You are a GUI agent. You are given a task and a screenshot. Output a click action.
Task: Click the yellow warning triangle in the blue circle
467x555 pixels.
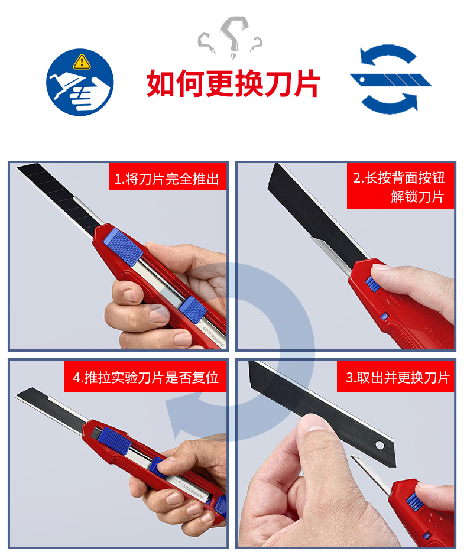[x=82, y=62]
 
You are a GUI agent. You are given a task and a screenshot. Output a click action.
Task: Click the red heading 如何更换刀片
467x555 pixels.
[x=234, y=83]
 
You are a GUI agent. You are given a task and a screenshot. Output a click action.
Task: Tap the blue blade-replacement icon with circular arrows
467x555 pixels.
[x=390, y=79]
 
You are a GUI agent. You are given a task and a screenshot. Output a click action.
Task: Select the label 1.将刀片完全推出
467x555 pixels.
[x=167, y=178]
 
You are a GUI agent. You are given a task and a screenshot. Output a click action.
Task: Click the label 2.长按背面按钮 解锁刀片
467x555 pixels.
[x=400, y=186]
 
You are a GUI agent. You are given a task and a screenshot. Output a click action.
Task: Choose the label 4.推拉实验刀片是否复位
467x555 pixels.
[x=145, y=377]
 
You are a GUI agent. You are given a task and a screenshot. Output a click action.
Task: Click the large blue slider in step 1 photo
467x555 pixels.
[x=123, y=246]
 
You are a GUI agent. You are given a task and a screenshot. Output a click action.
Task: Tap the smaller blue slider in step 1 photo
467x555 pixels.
[x=193, y=309]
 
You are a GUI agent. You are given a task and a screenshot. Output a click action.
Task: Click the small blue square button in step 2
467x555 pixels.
[x=384, y=316]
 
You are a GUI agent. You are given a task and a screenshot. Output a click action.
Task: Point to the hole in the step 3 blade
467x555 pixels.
[x=380, y=445]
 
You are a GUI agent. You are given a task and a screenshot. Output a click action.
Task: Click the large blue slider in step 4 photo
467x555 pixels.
[x=114, y=440]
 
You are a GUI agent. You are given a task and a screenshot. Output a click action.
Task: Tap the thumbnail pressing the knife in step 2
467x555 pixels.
[x=380, y=267]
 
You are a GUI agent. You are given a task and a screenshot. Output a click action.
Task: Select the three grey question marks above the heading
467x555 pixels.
[x=230, y=37]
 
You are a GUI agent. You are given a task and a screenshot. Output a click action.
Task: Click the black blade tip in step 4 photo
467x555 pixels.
[x=18, y=395]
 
